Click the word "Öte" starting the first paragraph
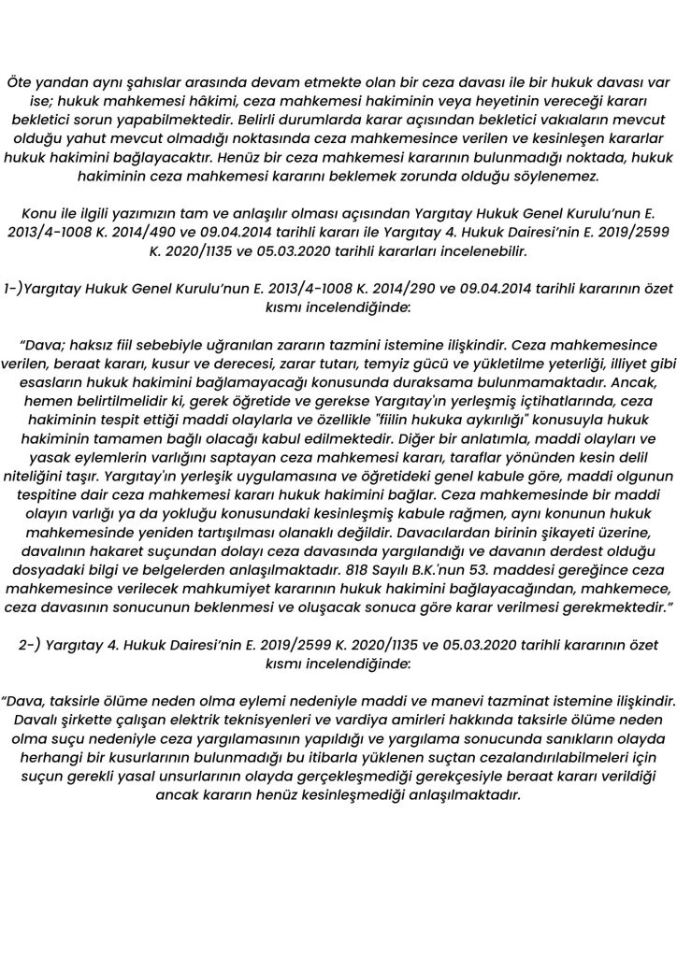(x=19, y=81)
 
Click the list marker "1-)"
(x=16, y=287)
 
